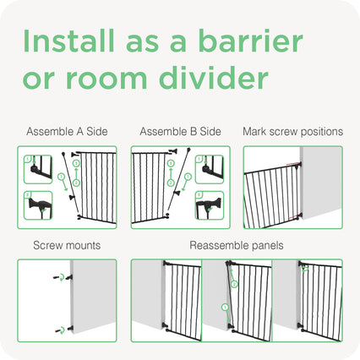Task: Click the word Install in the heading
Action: coord(69,41)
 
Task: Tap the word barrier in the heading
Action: coord(250,41)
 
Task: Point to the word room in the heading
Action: coord(106,79)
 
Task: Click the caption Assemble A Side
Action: coord(67,132)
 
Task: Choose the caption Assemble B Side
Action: coord(180,132)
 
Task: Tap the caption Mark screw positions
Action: coord(293,132)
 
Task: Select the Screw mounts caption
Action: coord(67,245)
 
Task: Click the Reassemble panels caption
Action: coord(237,246)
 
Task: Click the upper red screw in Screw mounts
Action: coord(57,277)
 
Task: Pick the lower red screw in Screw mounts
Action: coord(58,330)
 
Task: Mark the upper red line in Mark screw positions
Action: coord(293,164)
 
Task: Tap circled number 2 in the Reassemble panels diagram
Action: coord(234,284)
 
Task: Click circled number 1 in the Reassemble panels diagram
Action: coord(225,308)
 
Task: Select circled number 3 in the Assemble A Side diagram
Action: coord(76,163)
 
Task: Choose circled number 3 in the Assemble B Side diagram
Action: coord(171,163)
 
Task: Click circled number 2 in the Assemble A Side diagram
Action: coord(76,183)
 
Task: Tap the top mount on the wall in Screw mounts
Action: coord(69,277)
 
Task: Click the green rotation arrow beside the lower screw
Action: coord(63,330)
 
